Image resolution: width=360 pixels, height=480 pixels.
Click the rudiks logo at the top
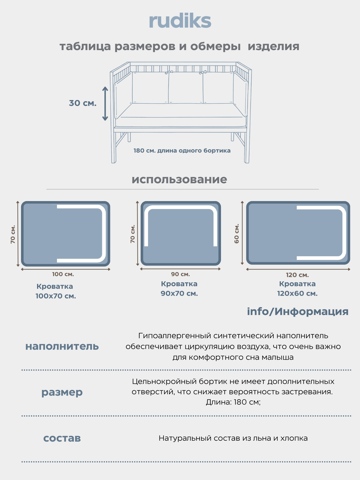(x=180, y=21)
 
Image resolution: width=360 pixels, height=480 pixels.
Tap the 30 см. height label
(x=82, y=103)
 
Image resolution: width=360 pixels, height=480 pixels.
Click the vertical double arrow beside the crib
(x=105, y=103)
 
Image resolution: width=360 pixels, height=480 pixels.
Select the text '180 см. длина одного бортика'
(x=182, y=151)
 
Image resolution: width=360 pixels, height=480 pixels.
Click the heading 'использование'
(x=179, y=179)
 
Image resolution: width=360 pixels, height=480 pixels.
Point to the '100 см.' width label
(x=63, y=274)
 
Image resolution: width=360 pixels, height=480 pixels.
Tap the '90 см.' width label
(x=180, y=274)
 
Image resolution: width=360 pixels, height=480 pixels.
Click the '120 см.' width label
(x=297, y=275)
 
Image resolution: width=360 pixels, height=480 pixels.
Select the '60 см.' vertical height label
(x=237, y=233)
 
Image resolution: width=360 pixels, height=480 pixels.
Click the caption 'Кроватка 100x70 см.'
(x=55, y=291)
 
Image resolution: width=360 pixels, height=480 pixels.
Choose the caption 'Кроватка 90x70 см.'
(x=179, y=289)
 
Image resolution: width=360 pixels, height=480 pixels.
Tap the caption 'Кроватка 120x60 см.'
(x=297, y=289)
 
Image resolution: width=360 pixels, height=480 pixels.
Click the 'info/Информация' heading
(x=297, y=311)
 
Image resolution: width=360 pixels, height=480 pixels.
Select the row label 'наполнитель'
(x=62, y=346)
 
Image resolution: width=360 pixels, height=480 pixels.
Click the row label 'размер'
(x=62, y=392)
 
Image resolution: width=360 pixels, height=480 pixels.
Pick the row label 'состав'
(x=62, y=438)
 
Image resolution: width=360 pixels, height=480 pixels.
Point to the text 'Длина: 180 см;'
(x=233, y=402)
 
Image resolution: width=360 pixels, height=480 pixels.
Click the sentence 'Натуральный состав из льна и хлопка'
(x=233, y=438)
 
